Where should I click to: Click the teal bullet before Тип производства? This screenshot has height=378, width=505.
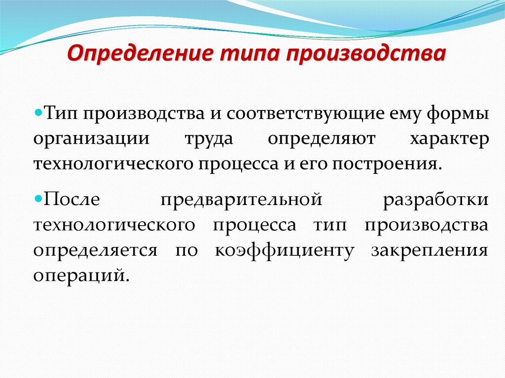(x=38, y=113)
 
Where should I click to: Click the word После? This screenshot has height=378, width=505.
(x=72, y=199)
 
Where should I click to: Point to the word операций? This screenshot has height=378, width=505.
(x=81, y=275)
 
